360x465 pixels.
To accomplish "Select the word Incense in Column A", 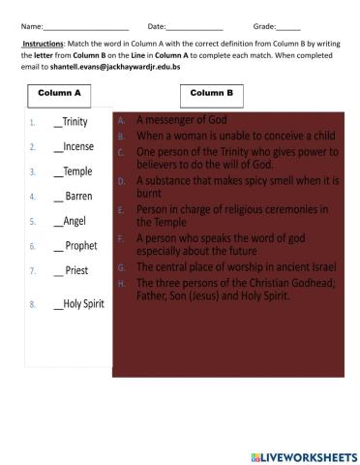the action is click(78, 147).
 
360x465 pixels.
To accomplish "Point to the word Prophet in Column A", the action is click(80, 246).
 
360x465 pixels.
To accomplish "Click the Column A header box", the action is click(59, 93).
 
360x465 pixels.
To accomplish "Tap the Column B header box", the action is click(212, 93).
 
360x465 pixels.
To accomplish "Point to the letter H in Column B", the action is click(121, 283).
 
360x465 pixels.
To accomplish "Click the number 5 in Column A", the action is click(32, 222).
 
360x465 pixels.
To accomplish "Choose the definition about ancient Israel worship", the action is click(225, 265).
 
